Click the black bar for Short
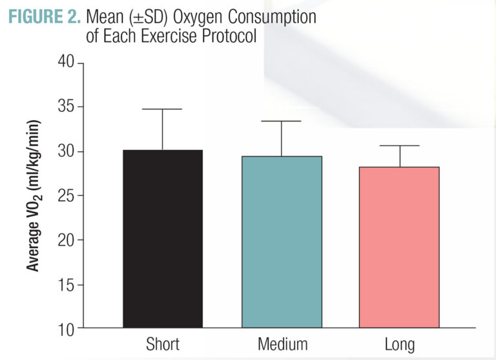[162, 238]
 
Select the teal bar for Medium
[282, 242]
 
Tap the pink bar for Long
[400, 247]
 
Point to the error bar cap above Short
[162, 109]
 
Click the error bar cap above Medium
[282, 122]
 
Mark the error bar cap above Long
[400, 146]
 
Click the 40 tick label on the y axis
[66, 63]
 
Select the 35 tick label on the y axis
[66, 107]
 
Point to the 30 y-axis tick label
[66, 151]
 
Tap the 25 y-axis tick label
[66, 196]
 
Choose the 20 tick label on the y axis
[66, 240]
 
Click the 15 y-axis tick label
[66, 284]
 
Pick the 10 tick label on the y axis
[66, 328]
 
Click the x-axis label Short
[162, 343]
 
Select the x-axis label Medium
[282, 343]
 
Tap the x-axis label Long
[400, 344]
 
